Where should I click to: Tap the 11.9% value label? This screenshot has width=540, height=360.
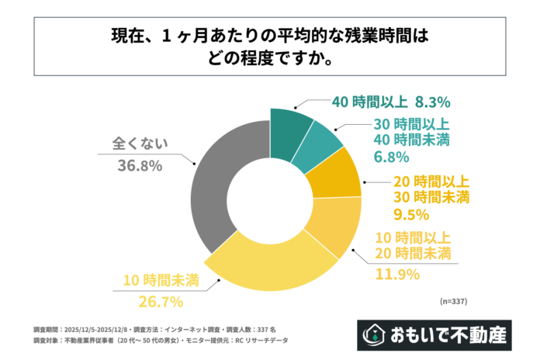point(397,273)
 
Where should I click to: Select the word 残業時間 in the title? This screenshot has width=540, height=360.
point(357,36)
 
